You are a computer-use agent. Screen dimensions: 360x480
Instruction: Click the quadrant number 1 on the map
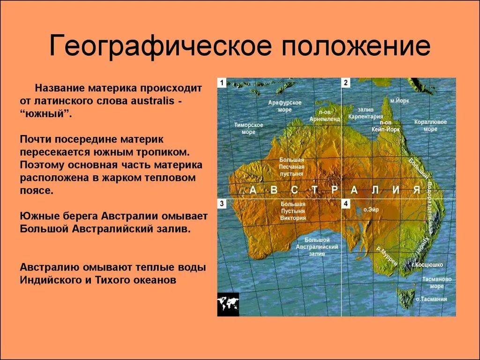(x=221, y=82)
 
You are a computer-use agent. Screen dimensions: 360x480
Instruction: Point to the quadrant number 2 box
(x=346, y=82)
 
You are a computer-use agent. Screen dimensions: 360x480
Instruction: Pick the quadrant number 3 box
(x=221, y=203)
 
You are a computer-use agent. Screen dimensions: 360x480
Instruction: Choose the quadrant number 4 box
(x=346, y=203)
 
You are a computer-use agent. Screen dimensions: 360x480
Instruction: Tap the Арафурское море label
(x=285, y=106)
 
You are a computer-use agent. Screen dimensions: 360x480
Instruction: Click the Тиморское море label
(x=248, y=128)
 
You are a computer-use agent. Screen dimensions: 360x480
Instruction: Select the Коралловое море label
(x=430, y=125)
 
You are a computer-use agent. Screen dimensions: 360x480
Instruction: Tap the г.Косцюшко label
(x=427, y=265)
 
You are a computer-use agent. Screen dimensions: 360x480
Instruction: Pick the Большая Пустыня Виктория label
(x=293, y=211)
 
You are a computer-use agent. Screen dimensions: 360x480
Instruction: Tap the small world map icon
(x=228, y=305)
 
